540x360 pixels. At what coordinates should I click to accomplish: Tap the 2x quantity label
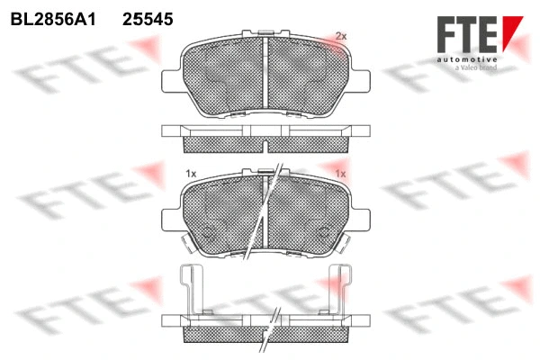(x=340, y=36)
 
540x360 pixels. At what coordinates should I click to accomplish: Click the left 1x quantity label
(x=191, y=172)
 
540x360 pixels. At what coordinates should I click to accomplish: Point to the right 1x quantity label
(x=340, y=172)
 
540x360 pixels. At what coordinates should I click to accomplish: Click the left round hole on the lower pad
(x=211, y=229)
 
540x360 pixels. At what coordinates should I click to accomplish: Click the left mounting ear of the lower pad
(x=171, y=218)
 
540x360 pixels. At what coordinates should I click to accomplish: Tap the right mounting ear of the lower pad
(x=360, y=218)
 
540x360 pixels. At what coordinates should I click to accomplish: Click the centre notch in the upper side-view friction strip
(x=265, y=143)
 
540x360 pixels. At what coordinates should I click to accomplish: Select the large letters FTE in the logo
(x=466, y=34)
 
